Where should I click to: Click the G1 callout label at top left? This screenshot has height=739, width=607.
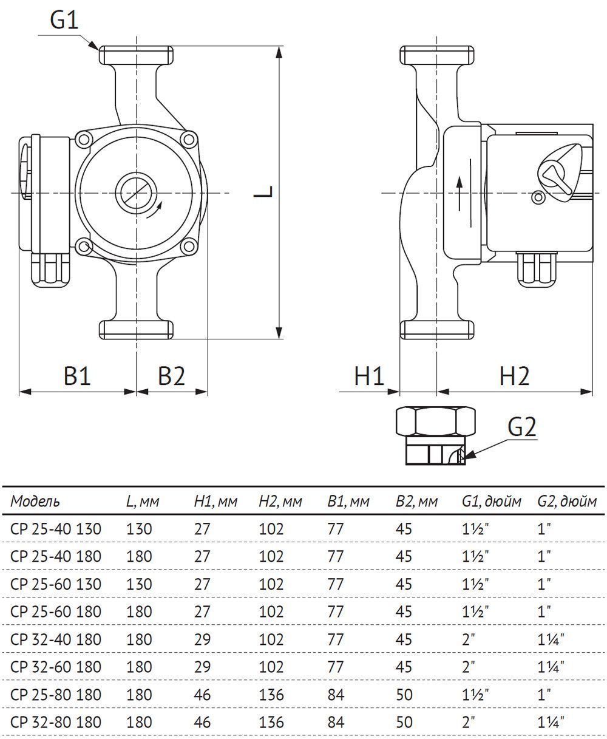(64, 20)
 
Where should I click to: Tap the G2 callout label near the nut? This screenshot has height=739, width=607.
(521, 427)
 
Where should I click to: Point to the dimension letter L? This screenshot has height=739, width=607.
(263, 191)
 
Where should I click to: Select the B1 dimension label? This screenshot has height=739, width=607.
(77, 376)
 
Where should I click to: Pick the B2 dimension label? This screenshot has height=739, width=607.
(171, 376)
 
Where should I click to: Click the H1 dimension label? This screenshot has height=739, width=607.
(369, 376)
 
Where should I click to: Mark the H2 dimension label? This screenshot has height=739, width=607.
(514, 376)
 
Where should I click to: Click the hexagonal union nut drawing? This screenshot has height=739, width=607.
(436, 435)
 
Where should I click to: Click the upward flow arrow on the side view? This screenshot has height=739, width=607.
(459, 193)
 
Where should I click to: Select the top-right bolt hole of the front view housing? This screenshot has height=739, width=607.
(189, 140)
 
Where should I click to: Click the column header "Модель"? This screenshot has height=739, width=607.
(35, 502)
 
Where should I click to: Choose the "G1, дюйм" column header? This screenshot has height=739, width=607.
(492, 502)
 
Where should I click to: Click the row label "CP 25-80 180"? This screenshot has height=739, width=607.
(56, 695)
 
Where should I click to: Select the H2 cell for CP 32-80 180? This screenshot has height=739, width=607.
(271, 722)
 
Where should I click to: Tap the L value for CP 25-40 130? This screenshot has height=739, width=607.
(139, 529)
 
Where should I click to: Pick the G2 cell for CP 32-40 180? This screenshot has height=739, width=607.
(551, 639)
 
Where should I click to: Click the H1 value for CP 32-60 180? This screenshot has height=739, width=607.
(202, 667)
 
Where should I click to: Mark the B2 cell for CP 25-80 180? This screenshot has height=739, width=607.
(404, 695)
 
